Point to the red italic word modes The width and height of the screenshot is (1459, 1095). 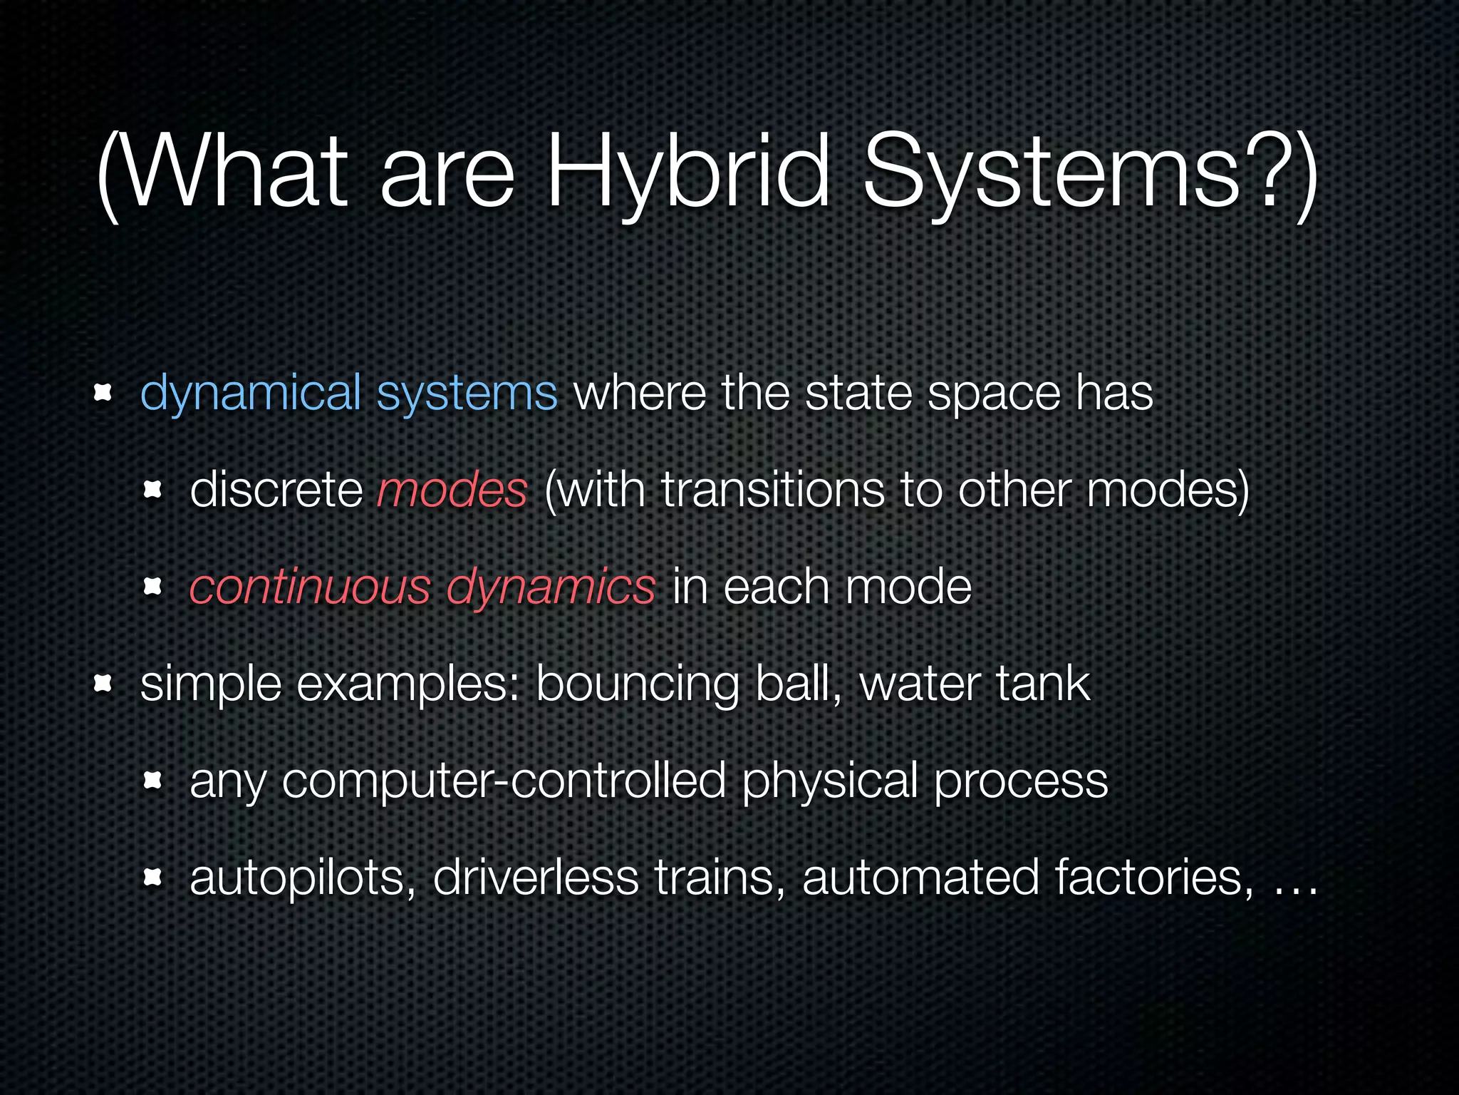(x=452, y=491)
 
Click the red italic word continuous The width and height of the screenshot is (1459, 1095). (x=310, y=588)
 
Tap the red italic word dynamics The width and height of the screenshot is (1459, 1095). (x=550, y=588)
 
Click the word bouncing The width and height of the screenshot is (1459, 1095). (x=638, y=685)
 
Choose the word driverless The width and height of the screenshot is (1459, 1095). (x=536, y=878)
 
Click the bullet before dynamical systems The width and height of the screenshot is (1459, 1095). (x=103, y=393)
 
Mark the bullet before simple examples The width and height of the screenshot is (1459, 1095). (x=103, y=684)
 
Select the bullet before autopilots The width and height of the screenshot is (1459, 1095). (x=152, y=877)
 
